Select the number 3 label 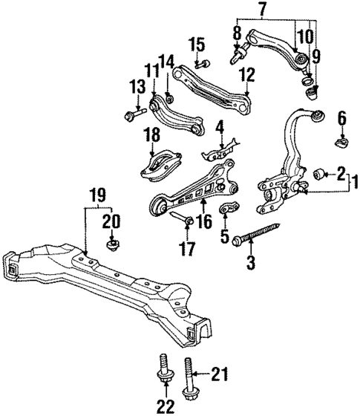[250, 262]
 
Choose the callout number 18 [152, 134]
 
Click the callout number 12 [246, 75]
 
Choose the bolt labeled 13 [136, 115]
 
